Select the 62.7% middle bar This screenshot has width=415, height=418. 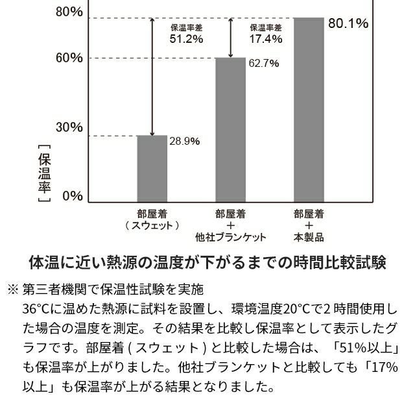pyautogui.click(x=231, y=130)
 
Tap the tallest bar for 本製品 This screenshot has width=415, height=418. pyautogui.click(x=309, y=110)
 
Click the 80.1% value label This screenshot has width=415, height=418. pyautogui.click(x=348, y=24)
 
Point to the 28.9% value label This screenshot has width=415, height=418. pyautogui.click(x=184, y=141)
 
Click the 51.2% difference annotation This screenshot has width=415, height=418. pyautogui.click(x=187, y=39)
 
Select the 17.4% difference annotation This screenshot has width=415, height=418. pyautogui.click(x=266, y=39)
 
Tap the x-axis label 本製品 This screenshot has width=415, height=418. pyautogui.click(x=309, y=237)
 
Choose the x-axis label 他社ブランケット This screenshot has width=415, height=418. pyautogui.click(x=231, y=237)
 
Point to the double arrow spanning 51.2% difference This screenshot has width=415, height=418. pyautogui.click(x=152, y=77)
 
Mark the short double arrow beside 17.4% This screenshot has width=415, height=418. pyautogui.click(x=231, y=38)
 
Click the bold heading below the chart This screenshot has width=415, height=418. pyautogui.click(x=207, y=263)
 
